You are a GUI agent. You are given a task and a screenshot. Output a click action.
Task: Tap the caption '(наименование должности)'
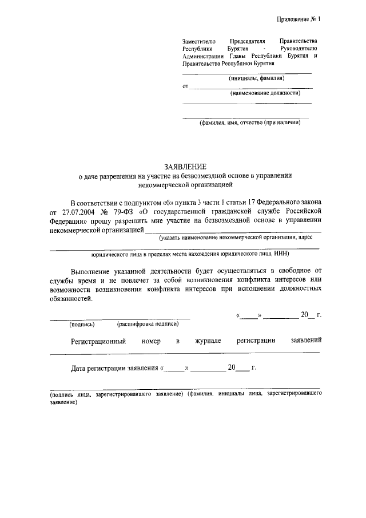pos(265,93)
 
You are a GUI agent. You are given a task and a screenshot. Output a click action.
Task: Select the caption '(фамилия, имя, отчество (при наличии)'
pos(250,122)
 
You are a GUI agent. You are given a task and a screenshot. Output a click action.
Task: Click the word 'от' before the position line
pos(185,86)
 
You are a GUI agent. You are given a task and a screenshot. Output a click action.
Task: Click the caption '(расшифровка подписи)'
pos(148,324)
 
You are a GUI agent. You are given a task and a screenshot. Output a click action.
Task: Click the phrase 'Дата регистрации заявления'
pos(115,368)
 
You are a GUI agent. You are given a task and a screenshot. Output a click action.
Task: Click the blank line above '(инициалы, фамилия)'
pos(246,73)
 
